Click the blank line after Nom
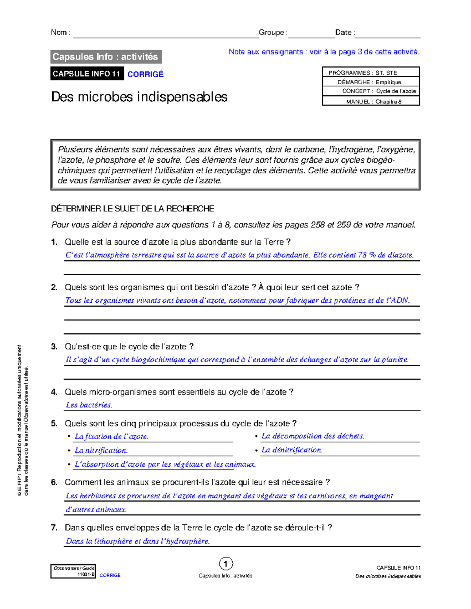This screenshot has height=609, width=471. [x=165, y=34]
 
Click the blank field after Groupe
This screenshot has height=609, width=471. [x=311, y=34]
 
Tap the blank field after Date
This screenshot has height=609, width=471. [x=387, y=34]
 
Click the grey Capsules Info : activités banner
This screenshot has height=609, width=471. [x=106, y=57]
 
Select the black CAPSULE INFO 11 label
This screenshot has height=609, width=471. [x=87, y=74]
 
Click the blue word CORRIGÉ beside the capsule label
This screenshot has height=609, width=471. [x=145, y=74]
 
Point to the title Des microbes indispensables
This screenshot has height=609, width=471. [x=139, y=97]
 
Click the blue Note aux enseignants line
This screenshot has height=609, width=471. [x=324, y=52]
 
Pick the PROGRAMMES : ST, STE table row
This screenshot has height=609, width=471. [x=371, y=73]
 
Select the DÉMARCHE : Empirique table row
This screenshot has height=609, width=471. [x=371, y=82]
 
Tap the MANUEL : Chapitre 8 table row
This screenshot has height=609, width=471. [x=371, y=101]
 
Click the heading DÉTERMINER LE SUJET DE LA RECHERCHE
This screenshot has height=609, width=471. [x=132, y=209]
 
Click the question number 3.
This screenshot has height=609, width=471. [x=54, y=347]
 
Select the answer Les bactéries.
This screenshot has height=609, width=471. [x=89, y=405]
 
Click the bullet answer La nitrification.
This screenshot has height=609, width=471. [x=101, y=451]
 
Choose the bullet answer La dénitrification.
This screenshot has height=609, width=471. [x=292, y=450]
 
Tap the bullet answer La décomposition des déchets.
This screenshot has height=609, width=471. [x=313, y=436]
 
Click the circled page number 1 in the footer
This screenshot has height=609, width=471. [x=226, y=564]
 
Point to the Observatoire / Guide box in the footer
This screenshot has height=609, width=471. [x=73, y=571]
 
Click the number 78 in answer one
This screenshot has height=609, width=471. [x=362, y=255]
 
